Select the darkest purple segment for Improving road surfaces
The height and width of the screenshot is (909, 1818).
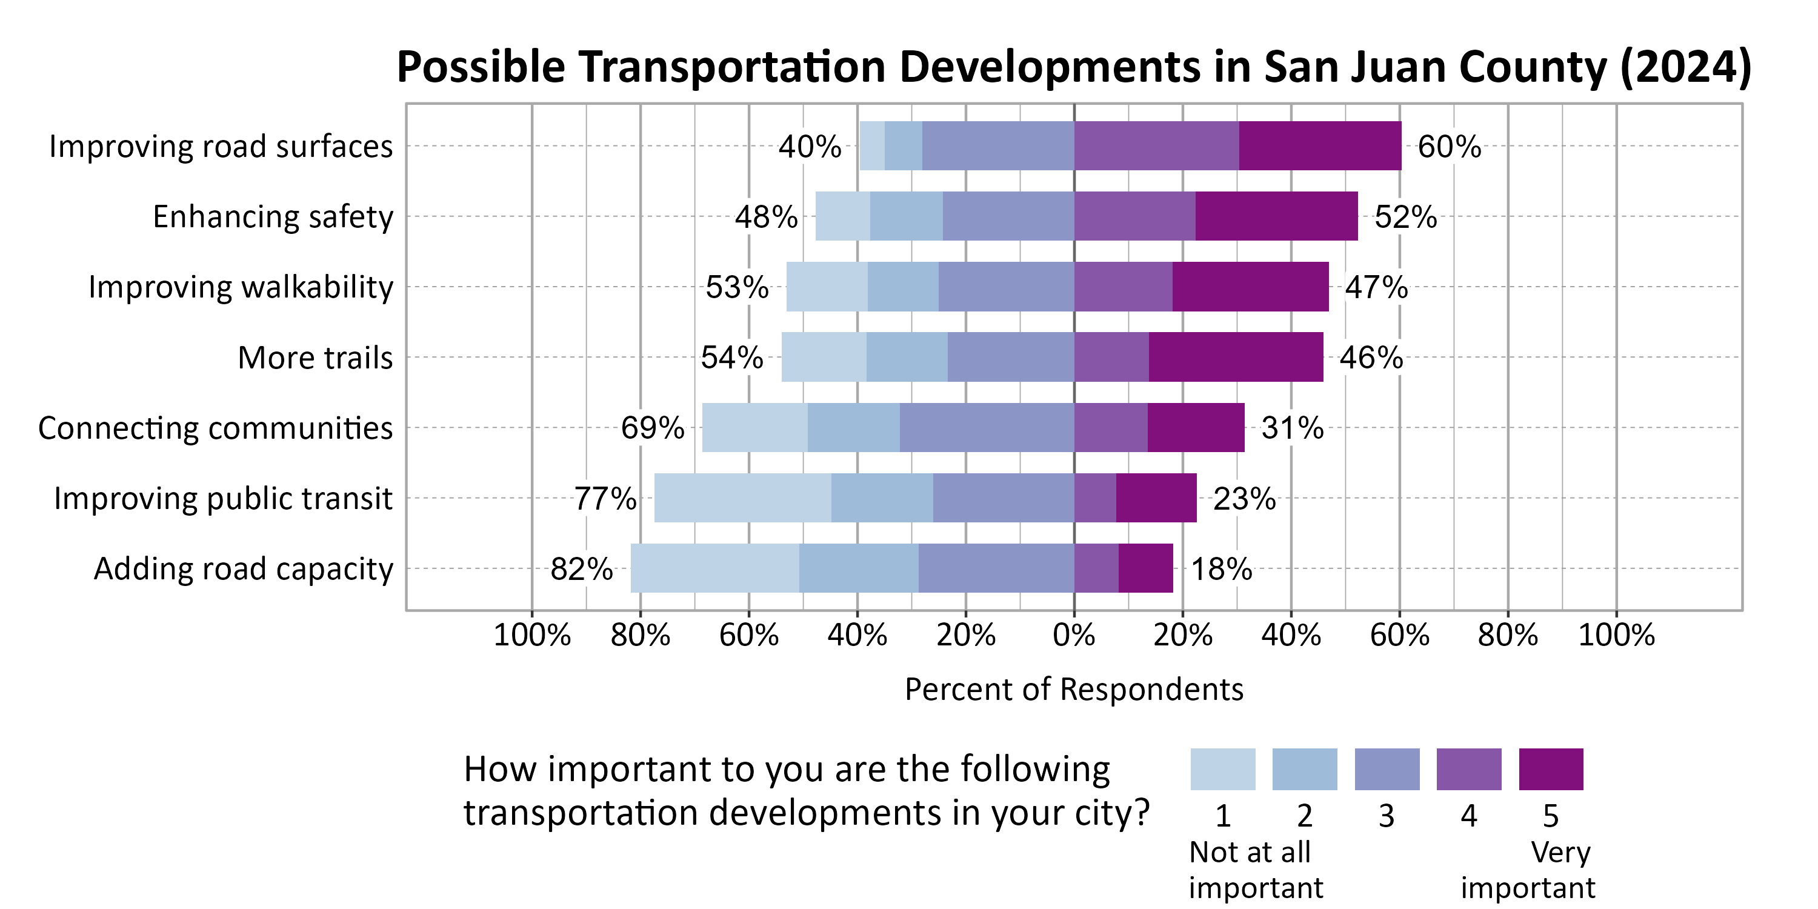pos(1320,145)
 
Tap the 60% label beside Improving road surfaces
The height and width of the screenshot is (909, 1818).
pos(1449,147)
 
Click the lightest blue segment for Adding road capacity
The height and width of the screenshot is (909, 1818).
pos(714,568)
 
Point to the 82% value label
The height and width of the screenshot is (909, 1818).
pos(582,569)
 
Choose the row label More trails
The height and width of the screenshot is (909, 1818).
pos(315,358)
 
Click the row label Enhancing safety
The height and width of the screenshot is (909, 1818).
pos(273,217)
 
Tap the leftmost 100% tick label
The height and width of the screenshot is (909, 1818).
pos(531,635)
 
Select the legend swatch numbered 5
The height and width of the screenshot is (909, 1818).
pos(1551,769)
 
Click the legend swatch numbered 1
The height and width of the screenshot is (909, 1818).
pos(1222,769)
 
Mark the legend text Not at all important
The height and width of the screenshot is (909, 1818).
pos(1256,870)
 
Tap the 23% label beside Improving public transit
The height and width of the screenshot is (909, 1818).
pos(1244,499)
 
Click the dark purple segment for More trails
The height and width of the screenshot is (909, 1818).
pos(1235,357)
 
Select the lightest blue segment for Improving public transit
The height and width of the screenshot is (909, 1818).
pos(742,498)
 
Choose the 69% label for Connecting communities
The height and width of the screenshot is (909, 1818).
pos(652,428)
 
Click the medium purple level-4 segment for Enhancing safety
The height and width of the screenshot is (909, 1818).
pos(1134,216)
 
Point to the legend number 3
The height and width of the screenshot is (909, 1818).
pos(1386,816)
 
